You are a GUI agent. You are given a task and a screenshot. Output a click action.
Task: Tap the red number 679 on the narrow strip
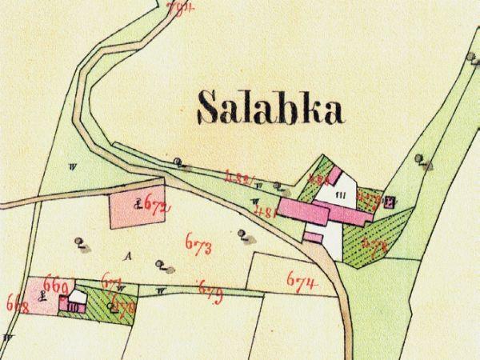click(x=210, y=288)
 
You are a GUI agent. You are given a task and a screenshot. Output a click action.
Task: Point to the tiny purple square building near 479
click(x=390, y=201)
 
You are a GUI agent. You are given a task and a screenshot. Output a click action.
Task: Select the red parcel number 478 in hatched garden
click(x=374, y=246)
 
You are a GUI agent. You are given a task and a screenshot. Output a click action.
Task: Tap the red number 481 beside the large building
click(x=266, y=212)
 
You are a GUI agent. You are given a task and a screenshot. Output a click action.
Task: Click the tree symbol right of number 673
click(x=242, y=234)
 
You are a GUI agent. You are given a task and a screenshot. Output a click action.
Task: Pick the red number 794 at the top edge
click(x=182, y=8)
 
